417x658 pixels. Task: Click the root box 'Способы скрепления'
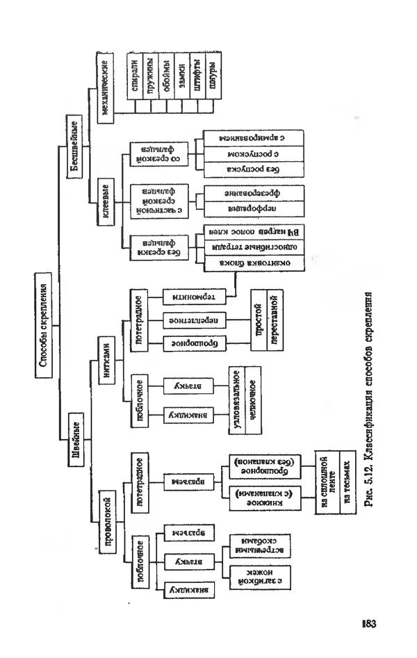pos(42,326)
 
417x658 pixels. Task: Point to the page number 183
pos(369,623)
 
